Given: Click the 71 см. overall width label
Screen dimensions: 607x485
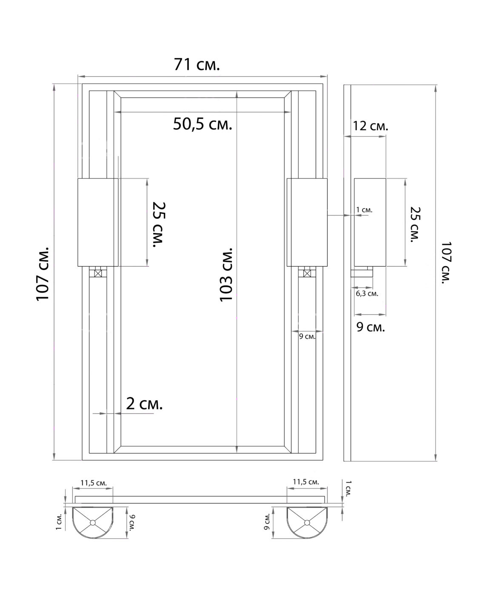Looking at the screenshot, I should pyautogui.click(x=197, y=64).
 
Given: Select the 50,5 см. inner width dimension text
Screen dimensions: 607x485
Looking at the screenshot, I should pyautogui.click(x=203, y=124).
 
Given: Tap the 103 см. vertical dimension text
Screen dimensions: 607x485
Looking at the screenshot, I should pyautogui.click(x=226, y=274).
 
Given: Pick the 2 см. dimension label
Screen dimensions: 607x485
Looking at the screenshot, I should pyautogui.click(x=144, y=403).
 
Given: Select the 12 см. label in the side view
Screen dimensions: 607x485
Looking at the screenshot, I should pyautogui.click(x=370, y=126).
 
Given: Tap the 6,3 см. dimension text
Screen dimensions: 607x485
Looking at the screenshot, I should pyautogui.click(x=367, y=293).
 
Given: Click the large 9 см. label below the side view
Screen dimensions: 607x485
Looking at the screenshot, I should pyautogui.click(x=370, y=327).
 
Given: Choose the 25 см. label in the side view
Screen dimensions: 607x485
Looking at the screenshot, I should pyautogui.click(x=415, y=224).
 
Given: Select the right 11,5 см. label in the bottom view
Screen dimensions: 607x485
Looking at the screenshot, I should pyautogui.click(x=305, y=482).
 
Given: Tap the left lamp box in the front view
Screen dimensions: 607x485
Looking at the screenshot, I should pyautogui.click(x=97, y=222).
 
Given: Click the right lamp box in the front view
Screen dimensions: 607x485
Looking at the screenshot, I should pyautogui.click(x=307, y=222).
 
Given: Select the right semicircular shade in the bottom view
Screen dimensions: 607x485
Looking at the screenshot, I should pyautogui.click(x=307, y=522).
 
